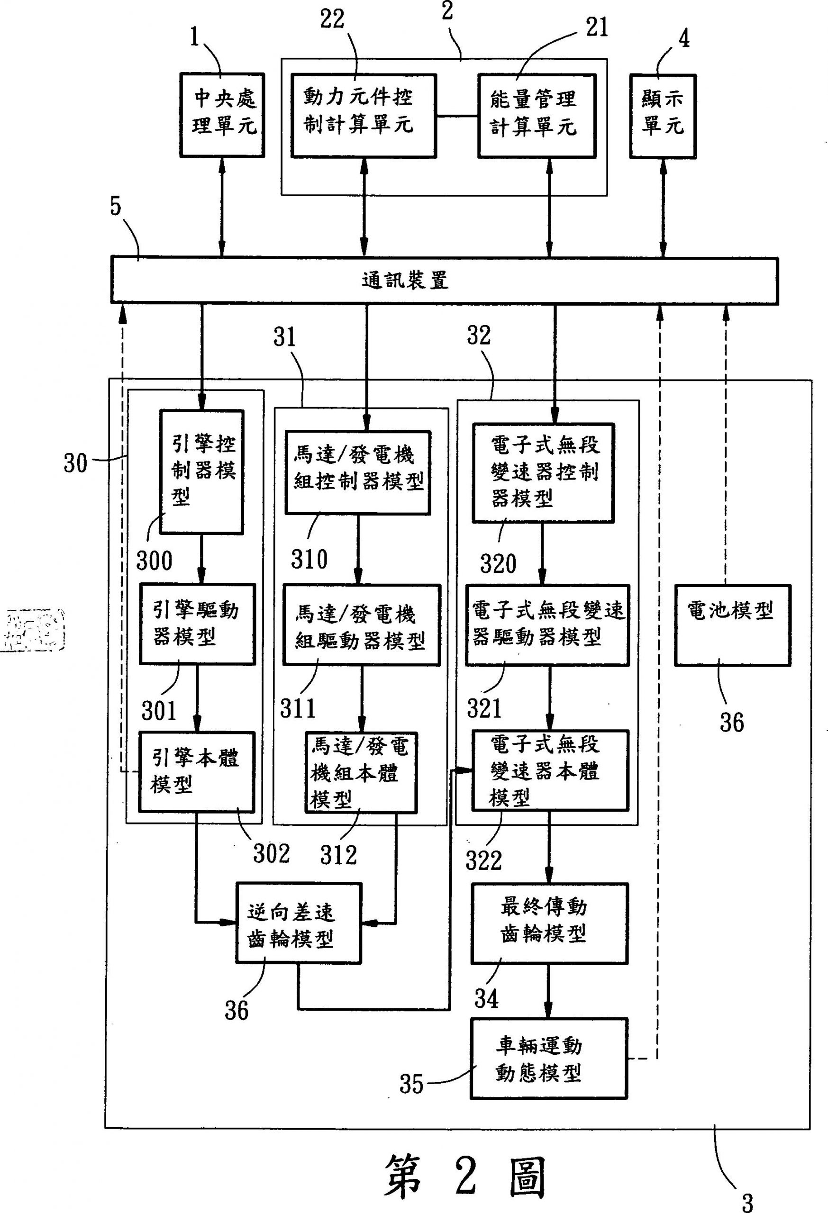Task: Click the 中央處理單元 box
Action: coord(222,115)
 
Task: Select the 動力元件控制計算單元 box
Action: coord(364,115)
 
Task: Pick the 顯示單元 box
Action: coord(663,115)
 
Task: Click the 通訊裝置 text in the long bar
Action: coord(405,281)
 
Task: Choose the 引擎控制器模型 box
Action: coord(201,472)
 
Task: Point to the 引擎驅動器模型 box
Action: coord(197,624)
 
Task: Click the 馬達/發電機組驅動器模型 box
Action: coord(361,625)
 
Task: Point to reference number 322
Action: coord(483,860)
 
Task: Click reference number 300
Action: coord(154,561)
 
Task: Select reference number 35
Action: coord(411,1084)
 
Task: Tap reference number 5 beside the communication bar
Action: coord(115,207)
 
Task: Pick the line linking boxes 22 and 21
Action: coord(457,116)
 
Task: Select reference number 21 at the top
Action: coord(597,27)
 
